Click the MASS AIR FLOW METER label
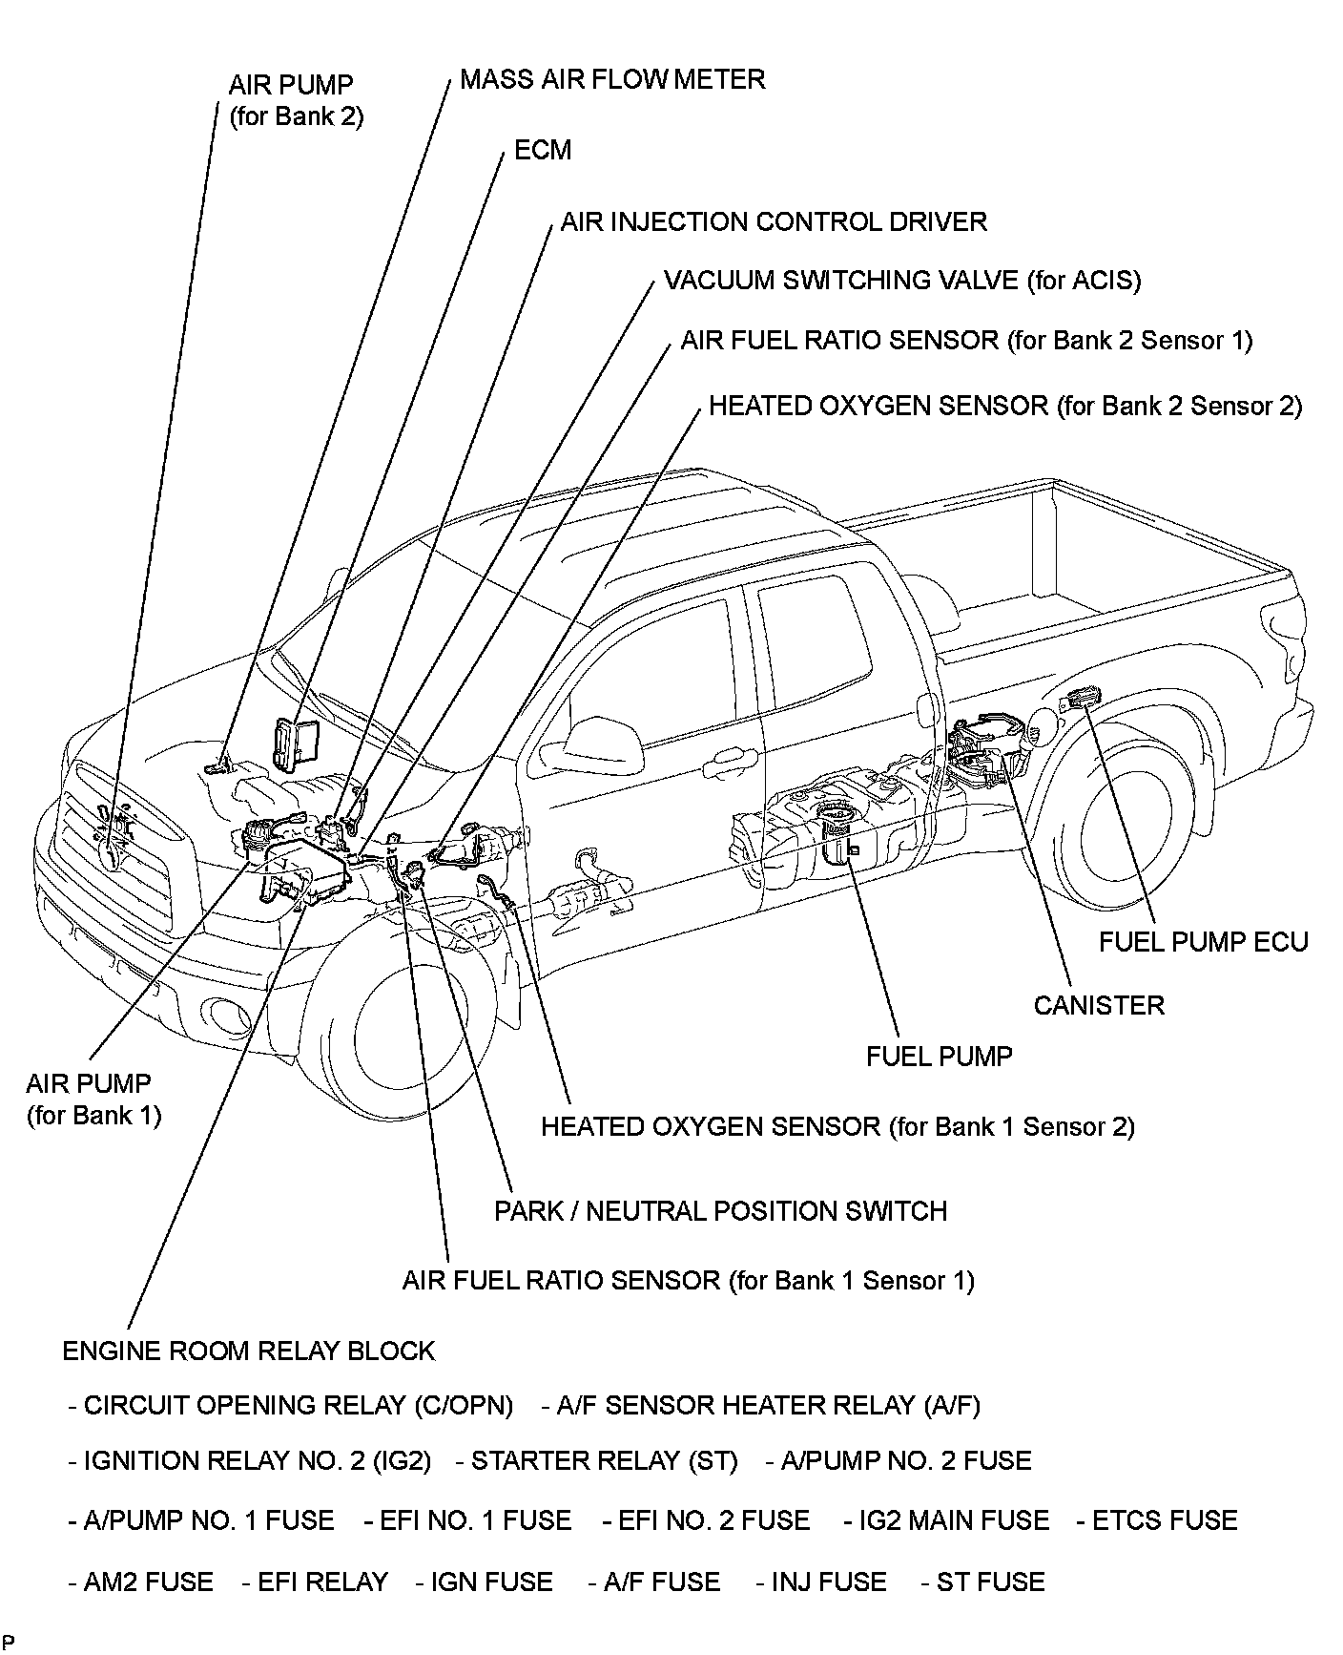(x=611, y=79)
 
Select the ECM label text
(x=542, y=150)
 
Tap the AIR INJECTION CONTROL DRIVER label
(x=773, y=222)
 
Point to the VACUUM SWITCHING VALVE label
(x=901, y=281)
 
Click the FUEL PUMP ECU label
(x=1203, y=942)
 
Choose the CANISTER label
(x=1099, y=1005)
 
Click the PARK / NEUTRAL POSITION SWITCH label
(x=720, y=1211)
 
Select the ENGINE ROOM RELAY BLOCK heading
(x=248, y=1351)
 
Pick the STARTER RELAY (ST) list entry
(x=596, y=1461)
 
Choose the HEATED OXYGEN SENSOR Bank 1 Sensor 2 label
(x=837, y=1127)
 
